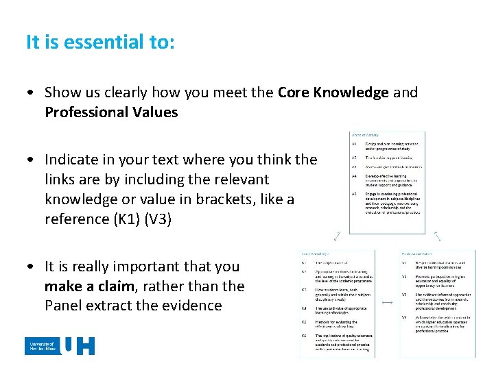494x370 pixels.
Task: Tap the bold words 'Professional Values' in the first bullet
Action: pyautogui.click(x=111, y=112)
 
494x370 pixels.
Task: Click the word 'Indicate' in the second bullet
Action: pyautogui.click(x=73, y=160)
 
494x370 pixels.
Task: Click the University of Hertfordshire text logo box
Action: pyautogui.click(x=42, y=345)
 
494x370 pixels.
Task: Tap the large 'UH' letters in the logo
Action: pyautogui.click(x=78, y=345)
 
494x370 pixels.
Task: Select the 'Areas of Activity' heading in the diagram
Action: pyautogui.click(x=365, y=135)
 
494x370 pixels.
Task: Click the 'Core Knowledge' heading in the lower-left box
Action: pyautogui.click(x=315, y=252)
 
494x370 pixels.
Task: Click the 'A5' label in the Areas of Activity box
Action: pyautogui.click(x=353, y=194)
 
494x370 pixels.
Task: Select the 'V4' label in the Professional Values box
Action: pyautogui.click(x=404, y=317)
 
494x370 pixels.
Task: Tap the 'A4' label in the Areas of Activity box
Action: pyautogui.click(x=353, y=175)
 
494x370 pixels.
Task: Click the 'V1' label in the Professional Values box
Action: pyautogui.click(x=404, y=262)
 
